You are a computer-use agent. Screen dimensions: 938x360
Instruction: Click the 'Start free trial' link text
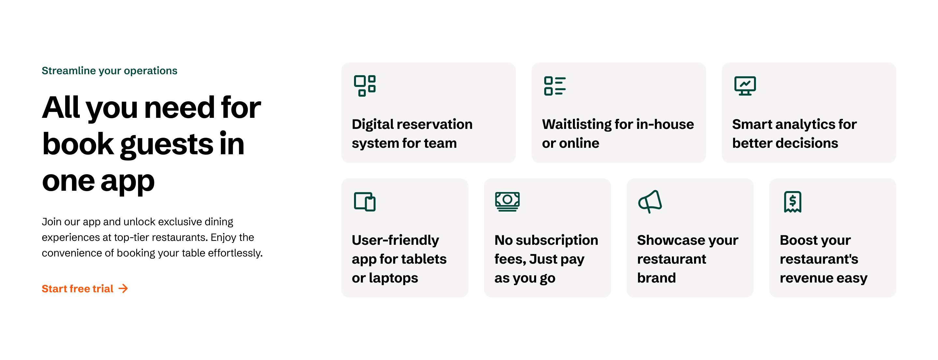click(x=77, y=289)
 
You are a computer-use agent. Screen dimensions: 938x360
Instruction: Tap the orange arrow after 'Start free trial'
click(x=123, y=289)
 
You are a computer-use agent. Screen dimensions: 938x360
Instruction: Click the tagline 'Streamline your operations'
click(x=109, y=71)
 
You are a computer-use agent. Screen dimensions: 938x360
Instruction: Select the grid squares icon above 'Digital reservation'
click(x=364, y=86)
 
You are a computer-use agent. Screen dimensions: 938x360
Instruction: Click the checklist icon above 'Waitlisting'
click(x=555, y=86)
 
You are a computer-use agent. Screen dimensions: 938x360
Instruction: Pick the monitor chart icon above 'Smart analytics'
click(x=745, y=86)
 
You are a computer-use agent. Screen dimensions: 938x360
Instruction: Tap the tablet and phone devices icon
click(x=364, y=202)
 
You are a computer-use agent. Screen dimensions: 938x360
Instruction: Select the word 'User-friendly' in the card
click(x=395, y=240)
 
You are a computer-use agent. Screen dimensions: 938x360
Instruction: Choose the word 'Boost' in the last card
click(x=796, y=240)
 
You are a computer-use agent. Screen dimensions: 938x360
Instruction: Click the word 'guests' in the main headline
click(x=167, y=145)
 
